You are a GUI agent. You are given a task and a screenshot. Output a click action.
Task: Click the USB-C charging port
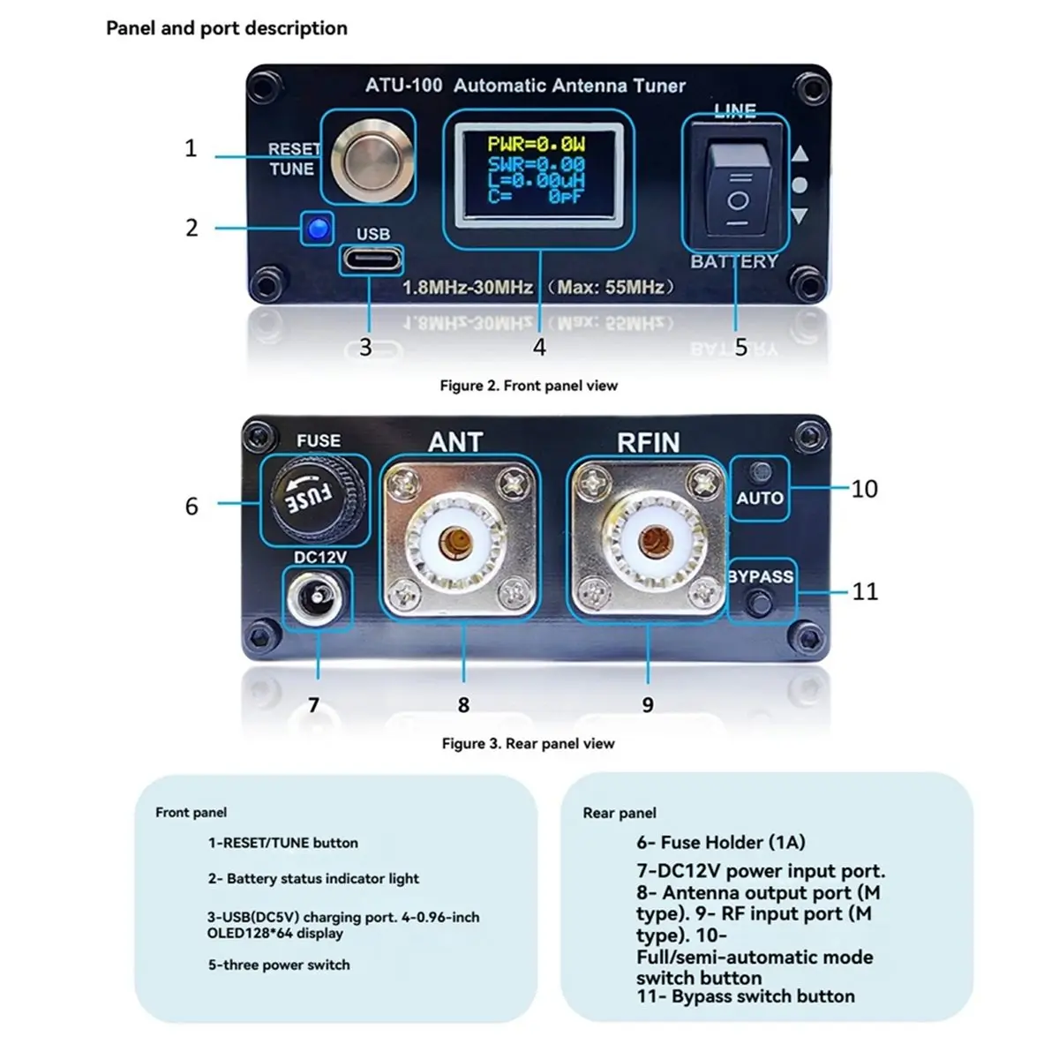click(x=372, y=259)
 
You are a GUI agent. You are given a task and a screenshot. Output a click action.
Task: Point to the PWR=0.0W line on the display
click(x=537, y=144)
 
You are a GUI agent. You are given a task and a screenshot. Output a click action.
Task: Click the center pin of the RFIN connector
click(x=653, y=542)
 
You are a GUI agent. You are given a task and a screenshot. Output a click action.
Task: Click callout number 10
click(x=864, y=489)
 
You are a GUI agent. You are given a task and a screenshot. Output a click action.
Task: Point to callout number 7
click(x=314, y=704)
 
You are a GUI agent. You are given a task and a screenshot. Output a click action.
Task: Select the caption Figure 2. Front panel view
click(x=529, y=386)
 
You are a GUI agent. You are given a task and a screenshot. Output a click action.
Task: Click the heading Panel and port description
click(x=227, y=28)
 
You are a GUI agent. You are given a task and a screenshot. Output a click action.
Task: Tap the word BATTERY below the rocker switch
click(x=735, y=261)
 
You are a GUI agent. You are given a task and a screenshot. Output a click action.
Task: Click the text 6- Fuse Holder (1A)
click(x=721, y=842)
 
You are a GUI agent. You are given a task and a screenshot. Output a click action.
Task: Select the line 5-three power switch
click(x=279, y=965)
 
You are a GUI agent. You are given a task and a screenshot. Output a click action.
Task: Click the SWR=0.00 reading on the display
click(x=537, y=164)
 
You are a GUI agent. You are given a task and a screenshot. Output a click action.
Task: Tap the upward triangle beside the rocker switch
click(x=800, y=154)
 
